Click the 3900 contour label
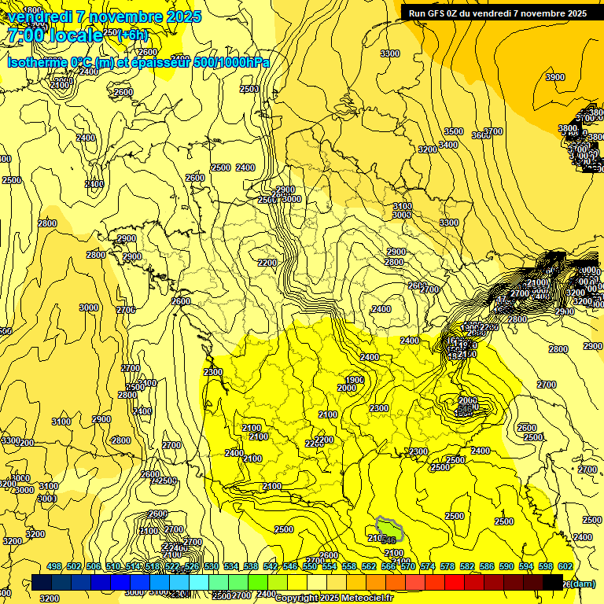point(555,77)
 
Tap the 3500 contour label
point(453,131)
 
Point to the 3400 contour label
point(448,145)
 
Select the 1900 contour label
point(355,380)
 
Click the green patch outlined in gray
point(389,529)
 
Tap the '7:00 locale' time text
point(53,35)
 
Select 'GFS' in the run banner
point(439,13)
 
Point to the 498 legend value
point(54,566)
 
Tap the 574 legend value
point(428,566)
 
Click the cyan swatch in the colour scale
point(199,582)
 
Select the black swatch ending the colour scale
point(553,582)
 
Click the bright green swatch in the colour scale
point(258,582)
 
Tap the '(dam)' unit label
point(583,583)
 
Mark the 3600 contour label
point(481,135)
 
